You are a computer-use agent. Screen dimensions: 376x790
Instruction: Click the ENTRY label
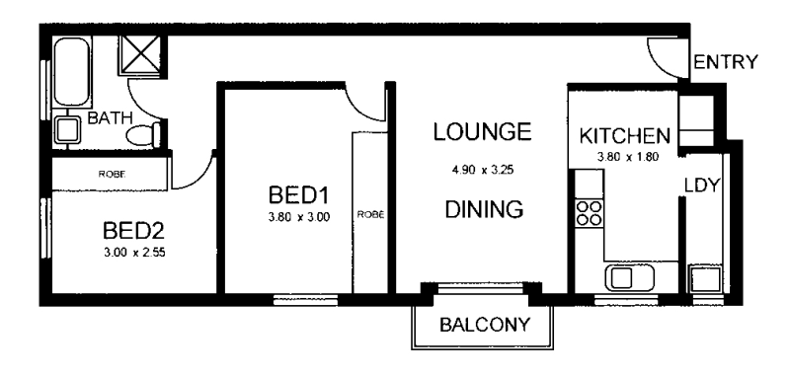click(725, 63)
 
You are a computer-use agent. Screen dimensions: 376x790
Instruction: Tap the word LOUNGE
click(483, 131)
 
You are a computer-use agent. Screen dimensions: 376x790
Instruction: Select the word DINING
click(483, 209)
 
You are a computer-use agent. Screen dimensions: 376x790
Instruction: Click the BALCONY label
click(484, 324)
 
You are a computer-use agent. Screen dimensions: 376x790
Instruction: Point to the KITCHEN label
click(625, 135)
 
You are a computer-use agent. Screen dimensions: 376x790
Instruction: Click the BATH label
click(107, 118)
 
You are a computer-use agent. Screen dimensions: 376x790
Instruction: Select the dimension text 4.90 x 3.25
click(483, 169)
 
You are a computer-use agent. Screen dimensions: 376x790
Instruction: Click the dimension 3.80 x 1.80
click(626, 155)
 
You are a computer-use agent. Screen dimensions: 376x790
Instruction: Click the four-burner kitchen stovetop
click(590, 214)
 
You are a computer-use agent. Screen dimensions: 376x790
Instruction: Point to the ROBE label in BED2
click(110, 175)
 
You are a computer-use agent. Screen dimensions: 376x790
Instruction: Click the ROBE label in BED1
click(370, 213)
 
